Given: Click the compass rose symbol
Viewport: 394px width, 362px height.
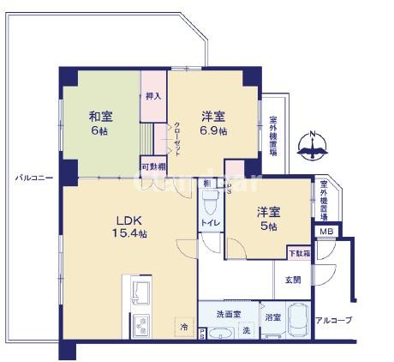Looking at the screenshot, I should point(313,148).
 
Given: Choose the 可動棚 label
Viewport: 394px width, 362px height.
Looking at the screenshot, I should point(153,165).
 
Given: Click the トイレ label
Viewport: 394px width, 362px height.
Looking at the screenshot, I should point(211,223).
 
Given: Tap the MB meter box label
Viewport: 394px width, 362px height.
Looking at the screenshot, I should point(326,230).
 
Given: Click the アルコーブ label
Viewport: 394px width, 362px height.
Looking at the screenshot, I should point(333,320).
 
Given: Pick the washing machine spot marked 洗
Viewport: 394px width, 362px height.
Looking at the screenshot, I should point(246,331).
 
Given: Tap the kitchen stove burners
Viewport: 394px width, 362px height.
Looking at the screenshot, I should point(141,326).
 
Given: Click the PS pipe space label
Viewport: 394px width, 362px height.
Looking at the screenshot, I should point(202,333).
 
